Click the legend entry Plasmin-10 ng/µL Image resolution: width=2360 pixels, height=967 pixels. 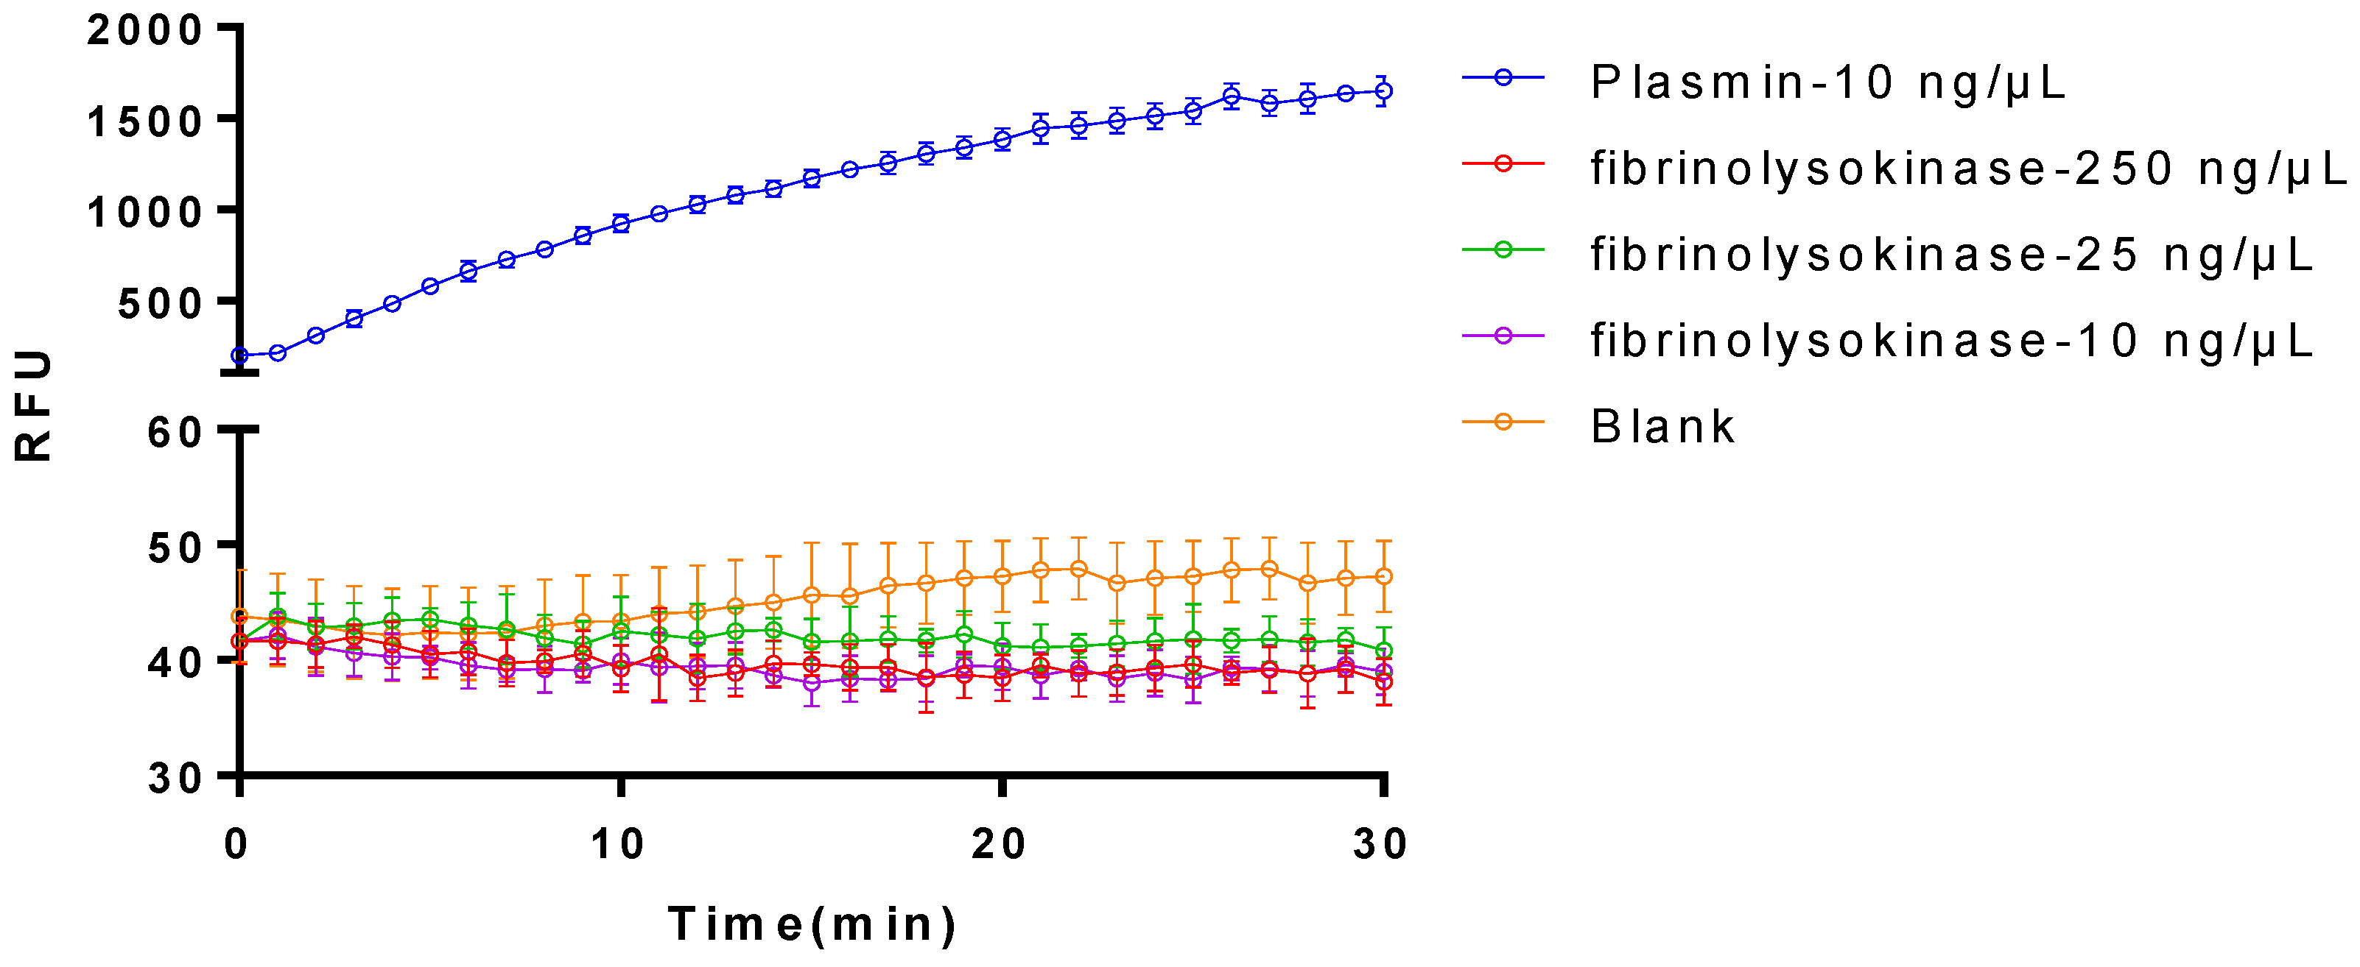click(1827, 82)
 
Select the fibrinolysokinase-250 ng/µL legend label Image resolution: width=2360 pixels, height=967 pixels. click(1968, 169)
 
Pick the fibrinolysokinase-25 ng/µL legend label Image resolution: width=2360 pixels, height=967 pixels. click(1951, 255)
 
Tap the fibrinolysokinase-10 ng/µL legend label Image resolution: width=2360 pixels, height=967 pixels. click(1951, 341)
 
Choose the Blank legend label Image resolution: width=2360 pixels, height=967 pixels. click(1662, 427)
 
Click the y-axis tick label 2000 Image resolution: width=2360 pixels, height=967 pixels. click(146, 30)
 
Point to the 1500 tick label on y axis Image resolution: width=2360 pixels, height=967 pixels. click(146, 121)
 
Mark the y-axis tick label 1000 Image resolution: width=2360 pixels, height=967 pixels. click(146, 213)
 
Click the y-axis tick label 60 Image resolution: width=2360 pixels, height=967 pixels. click(176, 431)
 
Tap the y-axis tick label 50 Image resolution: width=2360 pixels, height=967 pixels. click(176, 548)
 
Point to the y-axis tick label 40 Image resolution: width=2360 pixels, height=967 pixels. click(176, 662)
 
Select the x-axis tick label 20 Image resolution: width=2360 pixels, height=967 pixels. click(1000, 843)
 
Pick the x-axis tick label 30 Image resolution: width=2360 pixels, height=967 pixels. click(1380, 843)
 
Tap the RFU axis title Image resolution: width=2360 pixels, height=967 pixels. click(34, 404)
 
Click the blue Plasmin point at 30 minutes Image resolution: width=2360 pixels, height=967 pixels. click(1384, 91)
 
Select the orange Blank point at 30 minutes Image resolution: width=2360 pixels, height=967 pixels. click(1384, 576)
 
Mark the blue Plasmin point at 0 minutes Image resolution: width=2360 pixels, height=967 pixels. click(240, 355)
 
